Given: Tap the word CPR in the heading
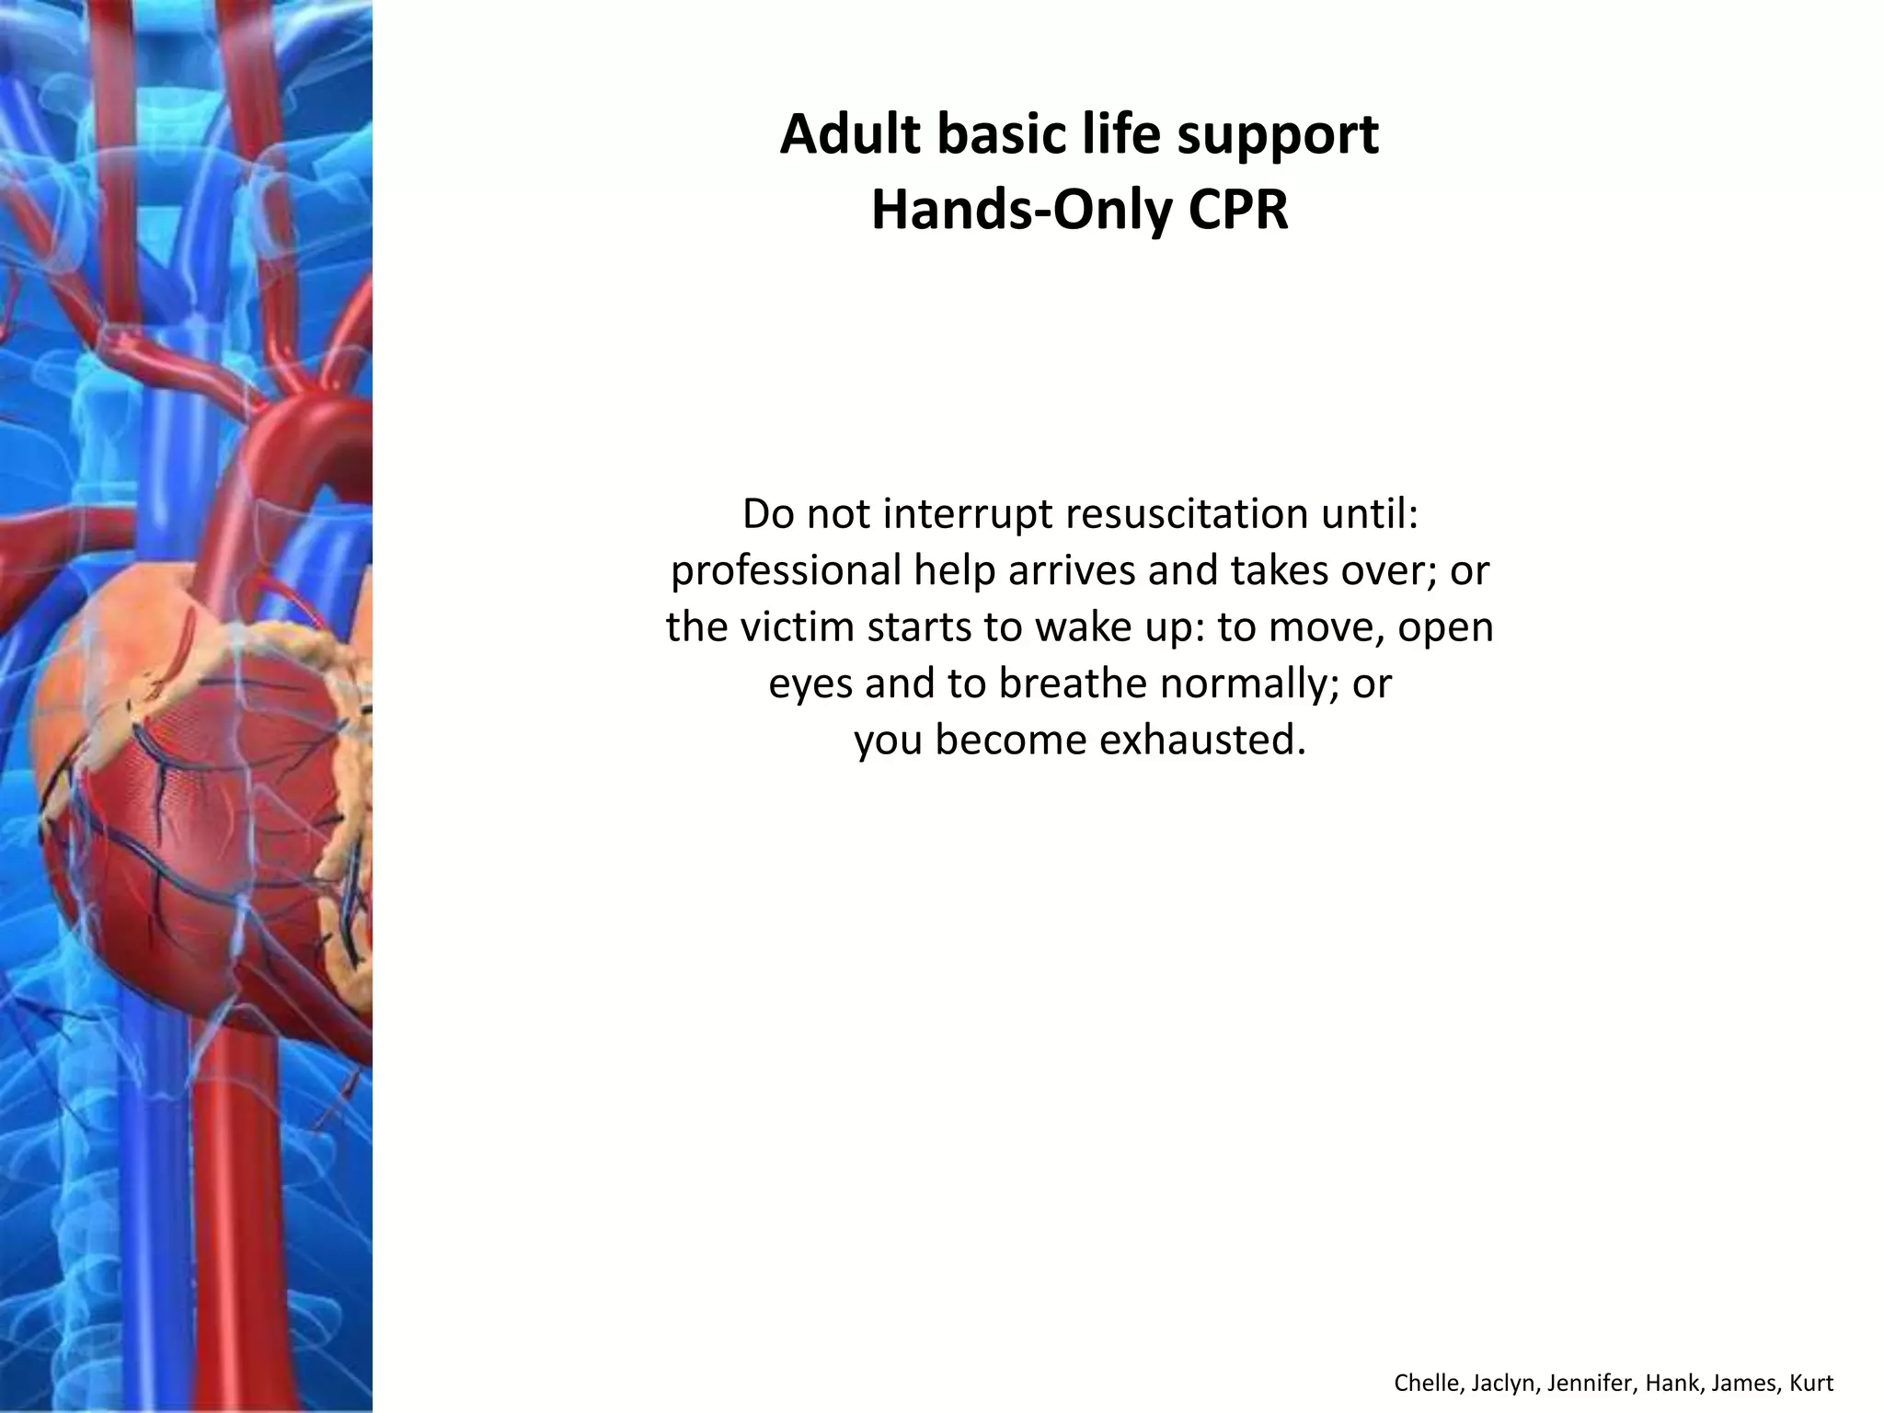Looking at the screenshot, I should [1238, 211].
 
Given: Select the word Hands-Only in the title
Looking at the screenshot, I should [1021, 211].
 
